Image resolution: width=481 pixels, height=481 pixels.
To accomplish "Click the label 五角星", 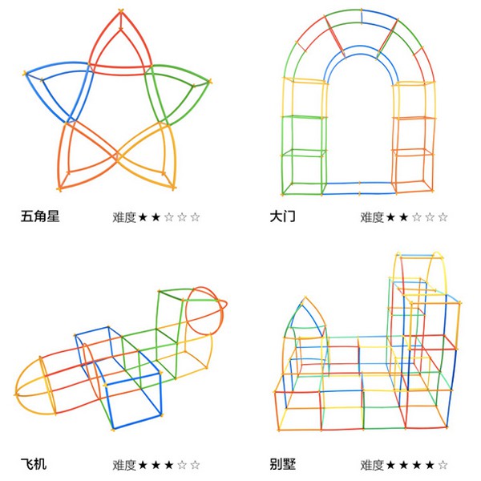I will [40, 216].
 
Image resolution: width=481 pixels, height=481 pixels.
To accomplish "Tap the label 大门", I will [284, 216].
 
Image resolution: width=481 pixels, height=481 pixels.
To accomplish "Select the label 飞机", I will [34, 464].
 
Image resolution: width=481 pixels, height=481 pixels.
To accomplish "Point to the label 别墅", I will [284, 464].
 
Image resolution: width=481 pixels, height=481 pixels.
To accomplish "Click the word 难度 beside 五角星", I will [123, 216].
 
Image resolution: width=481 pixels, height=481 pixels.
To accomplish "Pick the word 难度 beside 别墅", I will [372, 465].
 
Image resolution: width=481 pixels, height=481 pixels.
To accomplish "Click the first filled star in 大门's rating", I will [390, 216].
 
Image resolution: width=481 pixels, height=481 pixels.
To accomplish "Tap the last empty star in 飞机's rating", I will [196, 465].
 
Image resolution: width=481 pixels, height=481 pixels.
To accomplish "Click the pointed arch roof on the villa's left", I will [305, 321].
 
